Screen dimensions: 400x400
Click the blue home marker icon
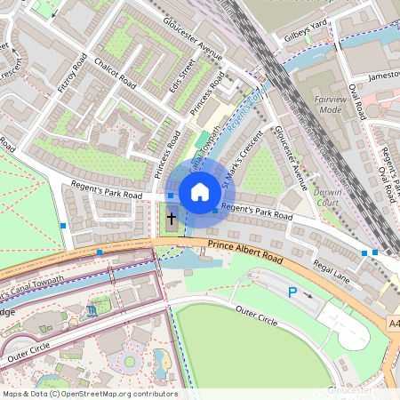(200, 191)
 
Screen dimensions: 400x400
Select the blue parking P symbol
(292, 292)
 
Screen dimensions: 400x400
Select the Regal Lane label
(331, 270)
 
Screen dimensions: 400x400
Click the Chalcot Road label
(119, 76)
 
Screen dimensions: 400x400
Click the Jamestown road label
(382, 76)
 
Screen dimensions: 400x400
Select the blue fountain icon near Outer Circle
(92, 311)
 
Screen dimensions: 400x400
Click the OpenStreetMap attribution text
(89, 394)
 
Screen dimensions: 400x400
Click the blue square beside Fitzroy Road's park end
(62, 226)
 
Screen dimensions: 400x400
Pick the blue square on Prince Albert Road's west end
(100, 253)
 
